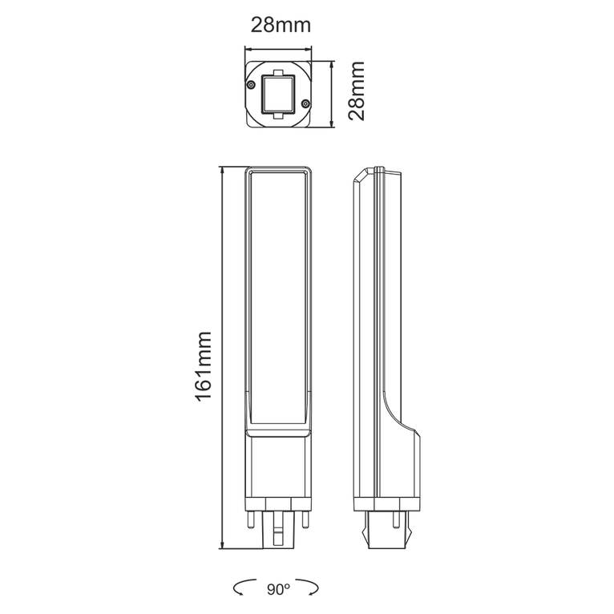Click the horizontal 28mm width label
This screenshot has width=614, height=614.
281,25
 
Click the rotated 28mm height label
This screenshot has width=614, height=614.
357,91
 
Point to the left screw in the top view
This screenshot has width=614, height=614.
252,83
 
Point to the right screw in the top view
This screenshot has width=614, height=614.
308,101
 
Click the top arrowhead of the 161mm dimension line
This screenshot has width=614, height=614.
222,169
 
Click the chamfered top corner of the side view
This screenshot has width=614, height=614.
362,173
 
